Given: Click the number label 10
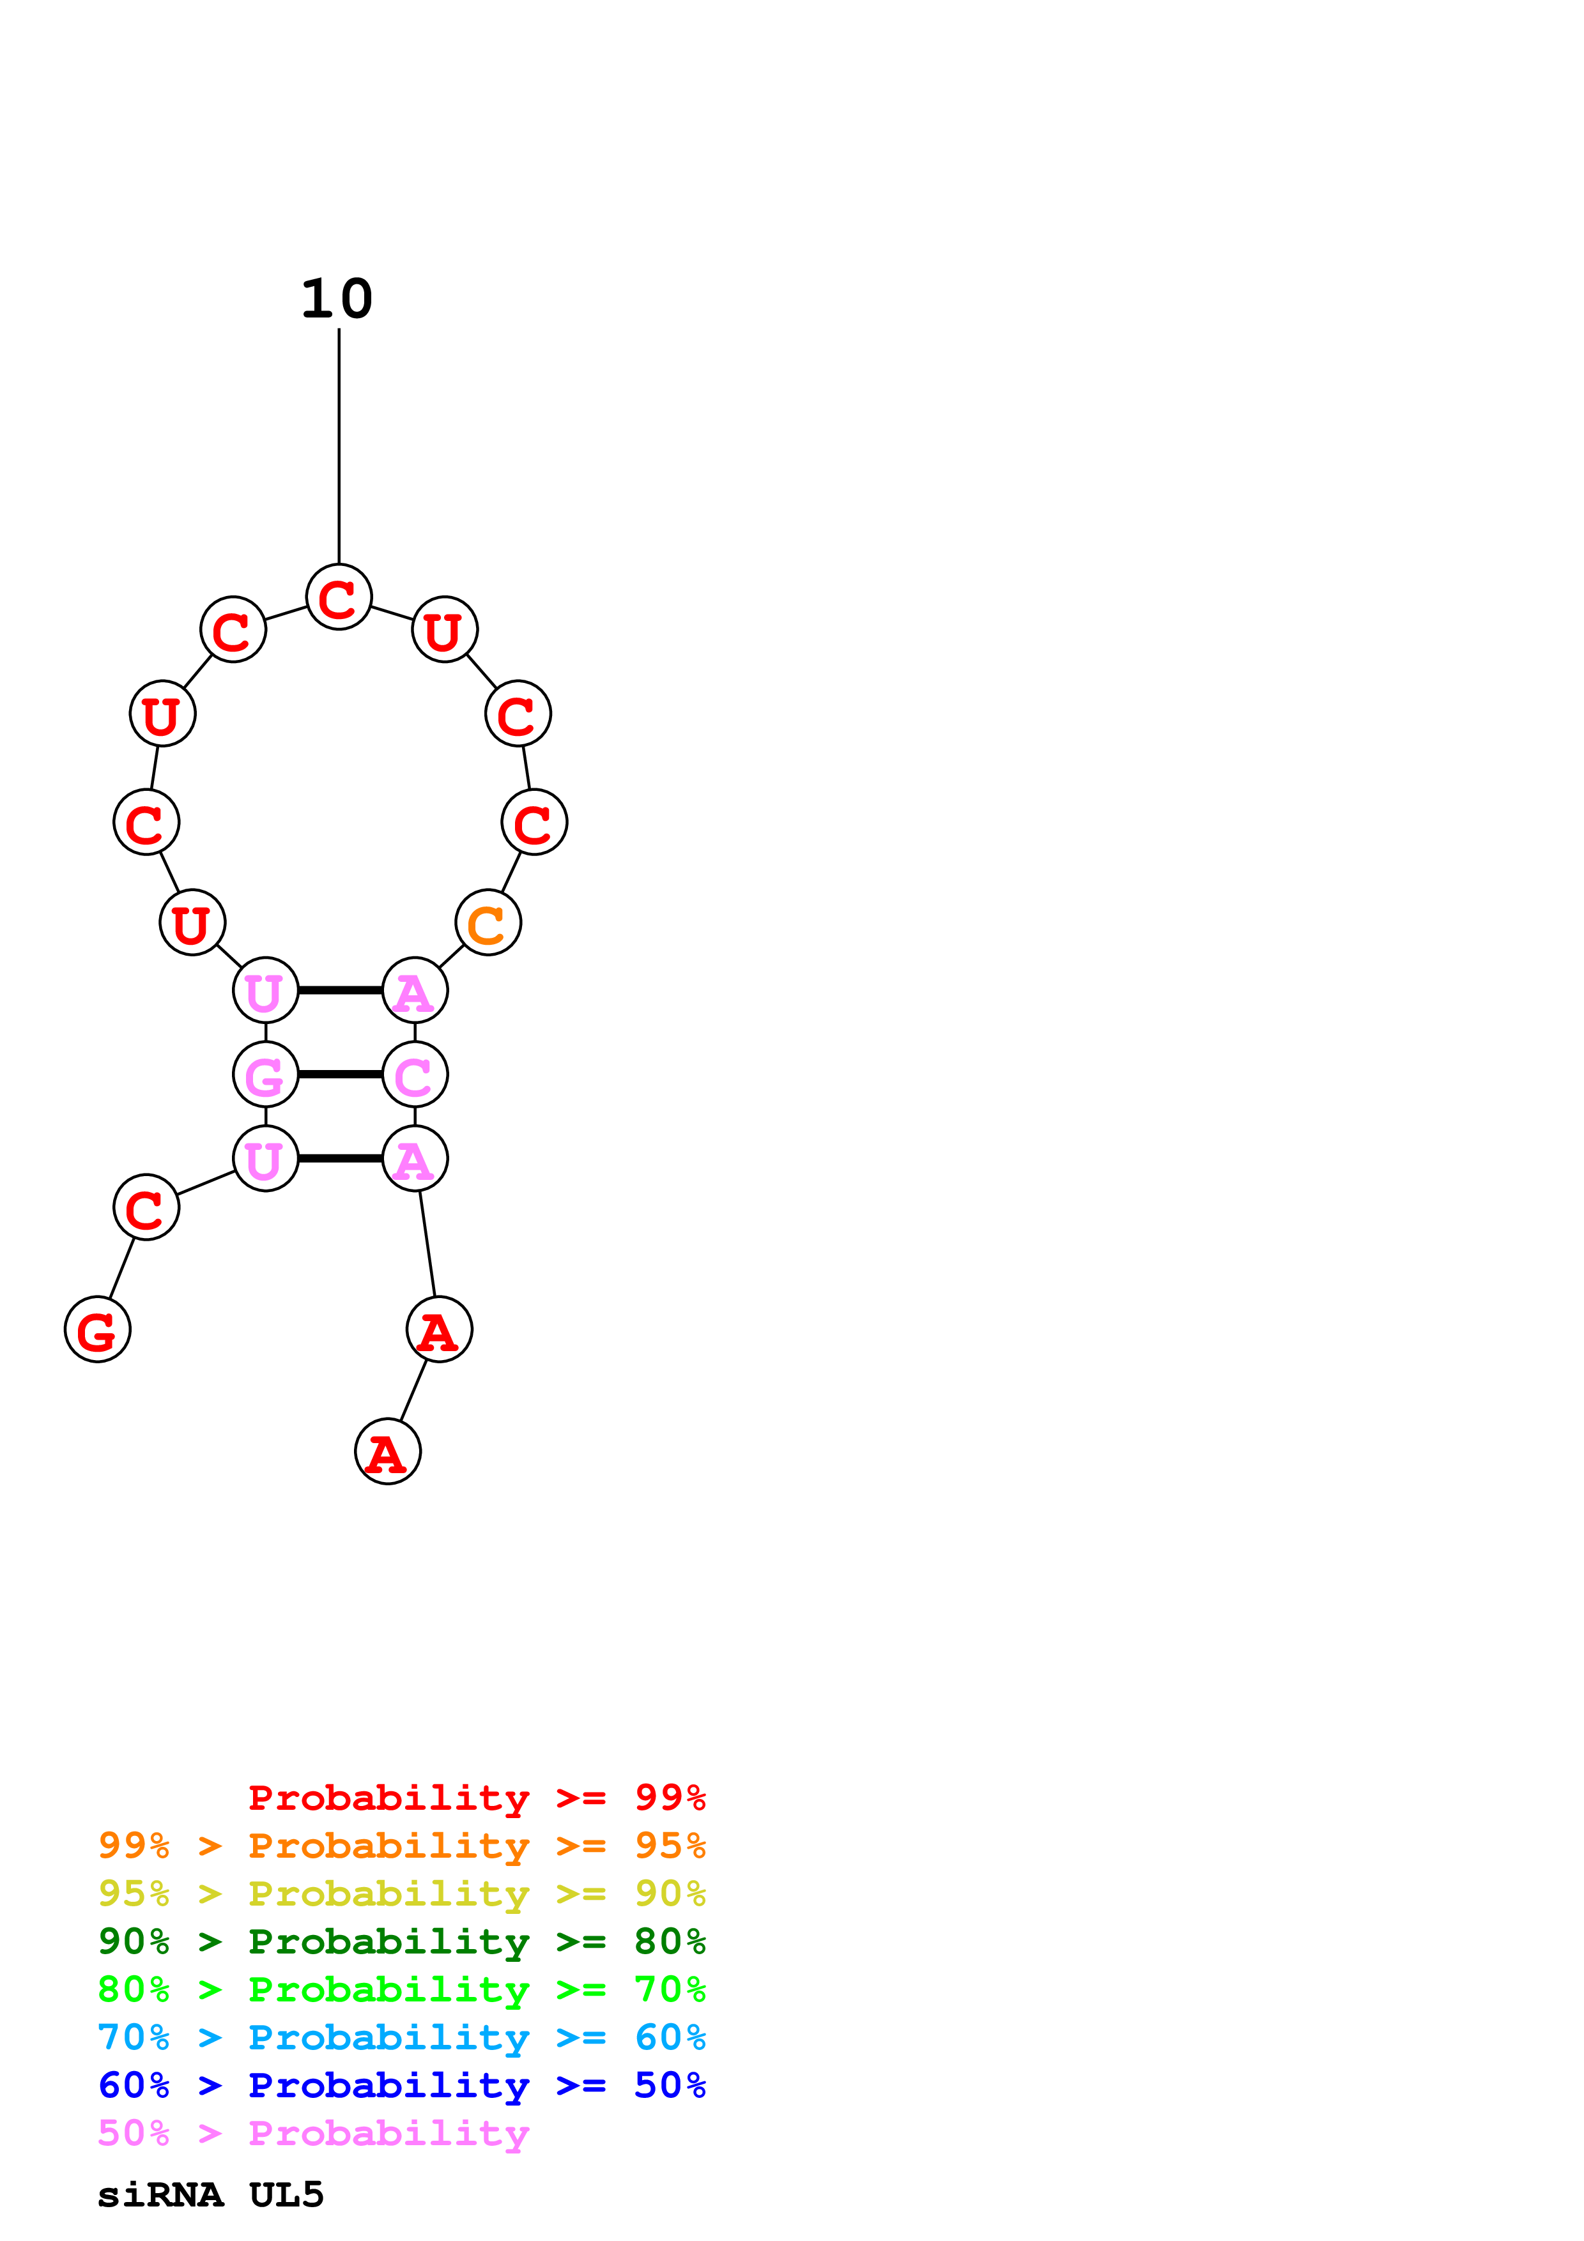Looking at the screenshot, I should pyautogui.click(x=337, y=299).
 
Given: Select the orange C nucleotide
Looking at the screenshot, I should pyautogui.click(x=488, y=922).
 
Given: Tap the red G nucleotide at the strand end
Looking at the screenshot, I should pyautogui.click(x=98, y=1329).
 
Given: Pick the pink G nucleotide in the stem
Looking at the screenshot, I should pyautogui.click(x=265, y=1075).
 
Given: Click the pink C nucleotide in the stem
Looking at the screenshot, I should pyautogui.click(x=415, y=1075).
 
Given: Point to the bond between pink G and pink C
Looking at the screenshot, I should pyautogui.click(x=340, y=1075).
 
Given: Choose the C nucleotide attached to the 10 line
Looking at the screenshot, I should pyautogui.click(x=339, y=597).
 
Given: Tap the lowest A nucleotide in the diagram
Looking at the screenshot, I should pyautogui.click(x=387, y=1451).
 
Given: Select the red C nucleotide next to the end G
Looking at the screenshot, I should pyautogui.click(x=146, y=1207).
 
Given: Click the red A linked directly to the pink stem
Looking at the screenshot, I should pyautogui.click(x=439, y=1329).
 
